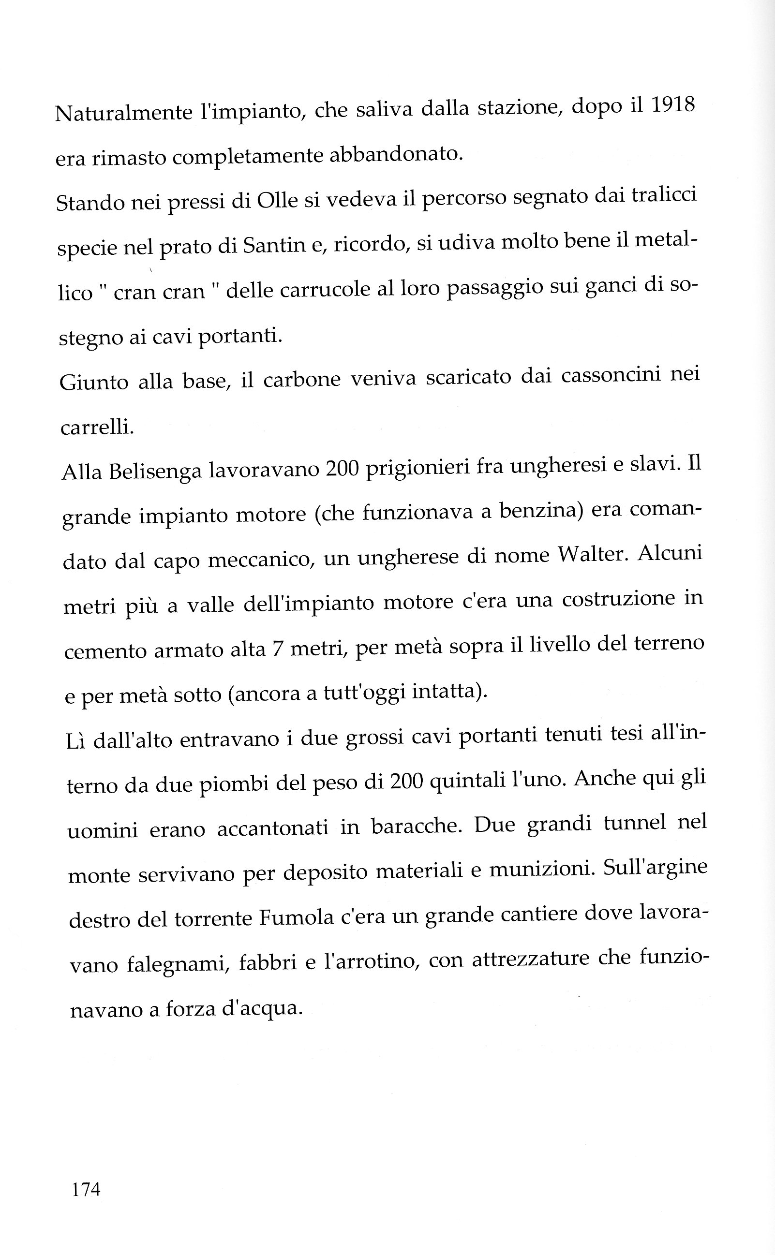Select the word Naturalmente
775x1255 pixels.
click(123, 112)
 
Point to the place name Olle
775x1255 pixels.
click(277, 200)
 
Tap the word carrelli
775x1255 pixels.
click(97, 427)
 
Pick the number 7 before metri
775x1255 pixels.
click(278, 650)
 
